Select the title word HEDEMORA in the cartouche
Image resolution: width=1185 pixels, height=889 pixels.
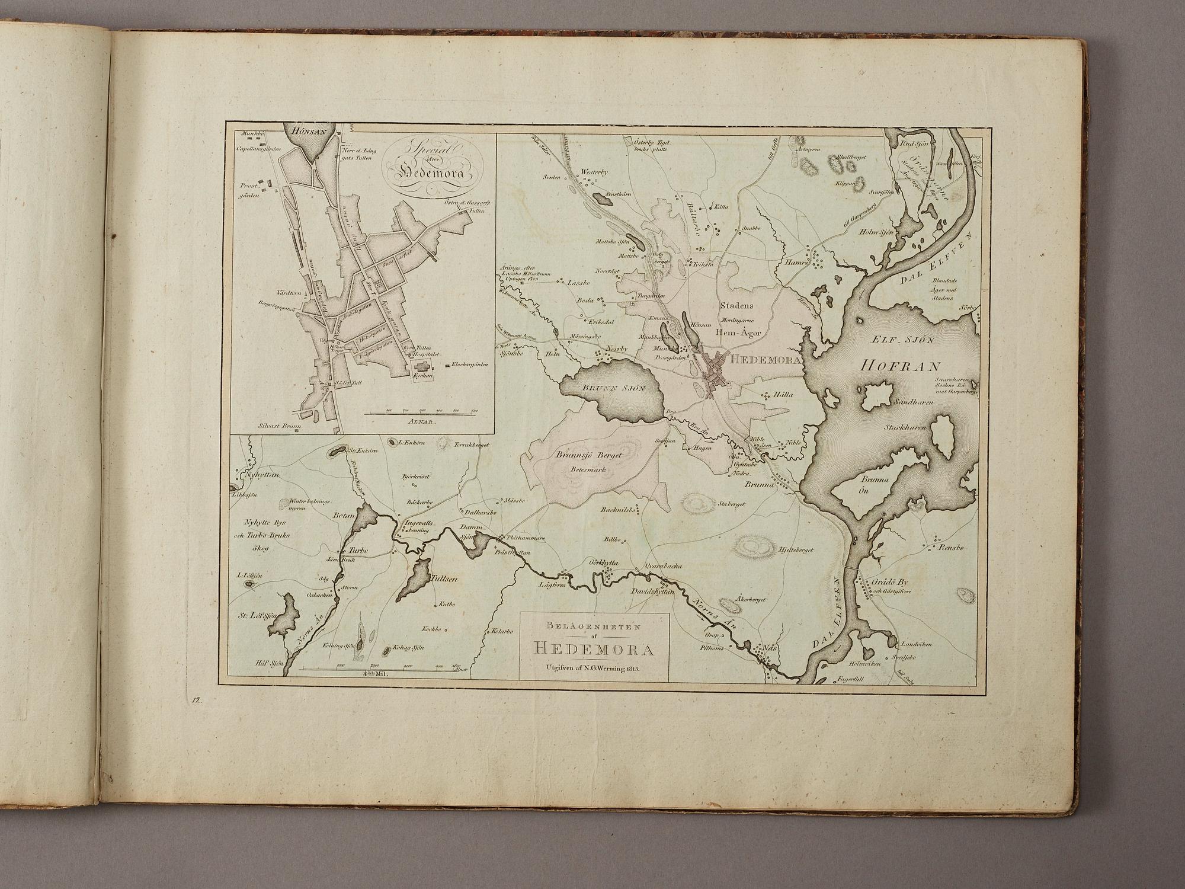click(x=594, y=650)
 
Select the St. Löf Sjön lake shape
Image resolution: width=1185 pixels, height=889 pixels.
click(x=286, y=616)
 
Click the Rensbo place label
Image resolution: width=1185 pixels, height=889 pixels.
click(x=952, y=548)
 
